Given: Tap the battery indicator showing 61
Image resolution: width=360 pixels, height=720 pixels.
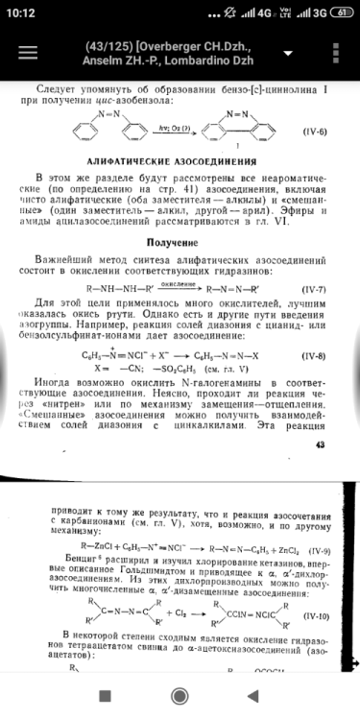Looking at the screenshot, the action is pos(339,12).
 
